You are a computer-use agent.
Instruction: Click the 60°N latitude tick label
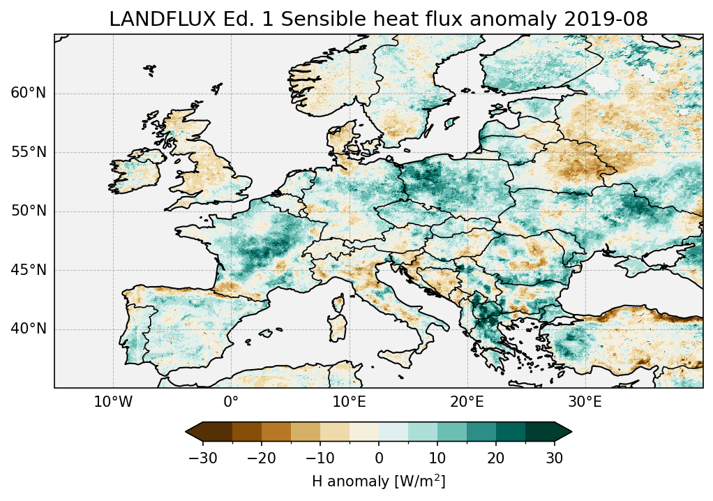coord(29,94)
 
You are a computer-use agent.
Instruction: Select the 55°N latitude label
coord(29,153)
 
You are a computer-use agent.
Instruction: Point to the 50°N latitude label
coord(29,211)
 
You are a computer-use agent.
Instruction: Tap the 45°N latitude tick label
coord(29,270)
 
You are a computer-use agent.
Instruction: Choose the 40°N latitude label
coord(29,329)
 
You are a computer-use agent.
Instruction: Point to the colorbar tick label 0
coord(379,458)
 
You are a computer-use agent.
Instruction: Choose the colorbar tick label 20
coord(496,458)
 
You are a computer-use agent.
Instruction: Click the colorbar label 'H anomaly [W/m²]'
coord(379,481)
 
